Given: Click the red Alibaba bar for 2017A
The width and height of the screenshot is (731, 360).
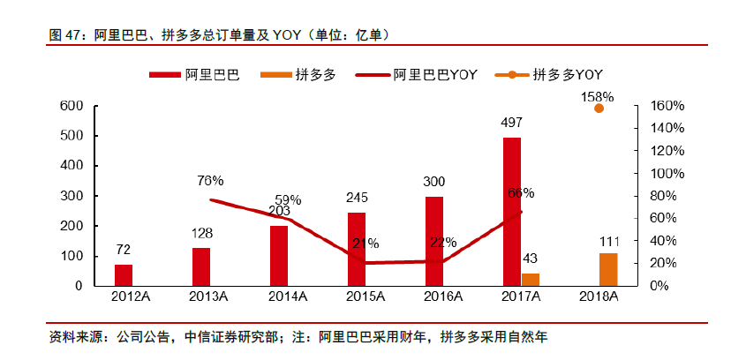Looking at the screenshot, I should pos(512,212).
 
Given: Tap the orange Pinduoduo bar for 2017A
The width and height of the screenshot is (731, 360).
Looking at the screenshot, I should pos(531,279).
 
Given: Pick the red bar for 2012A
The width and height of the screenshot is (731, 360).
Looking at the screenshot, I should pos(124,274).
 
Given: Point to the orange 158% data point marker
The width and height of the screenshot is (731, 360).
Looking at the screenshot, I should pos(599,108).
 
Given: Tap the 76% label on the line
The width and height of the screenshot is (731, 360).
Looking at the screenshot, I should pos(210,181).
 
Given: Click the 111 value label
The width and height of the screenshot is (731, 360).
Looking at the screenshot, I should pos(609,241).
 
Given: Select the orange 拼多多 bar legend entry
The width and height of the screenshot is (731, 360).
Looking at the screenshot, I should pos(298,75).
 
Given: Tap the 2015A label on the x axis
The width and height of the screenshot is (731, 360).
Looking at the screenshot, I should pos(357,298).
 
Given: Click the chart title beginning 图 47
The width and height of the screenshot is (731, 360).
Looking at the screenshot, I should pos(220,34).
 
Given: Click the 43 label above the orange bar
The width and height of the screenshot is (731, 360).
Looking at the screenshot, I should pos(531,259).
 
